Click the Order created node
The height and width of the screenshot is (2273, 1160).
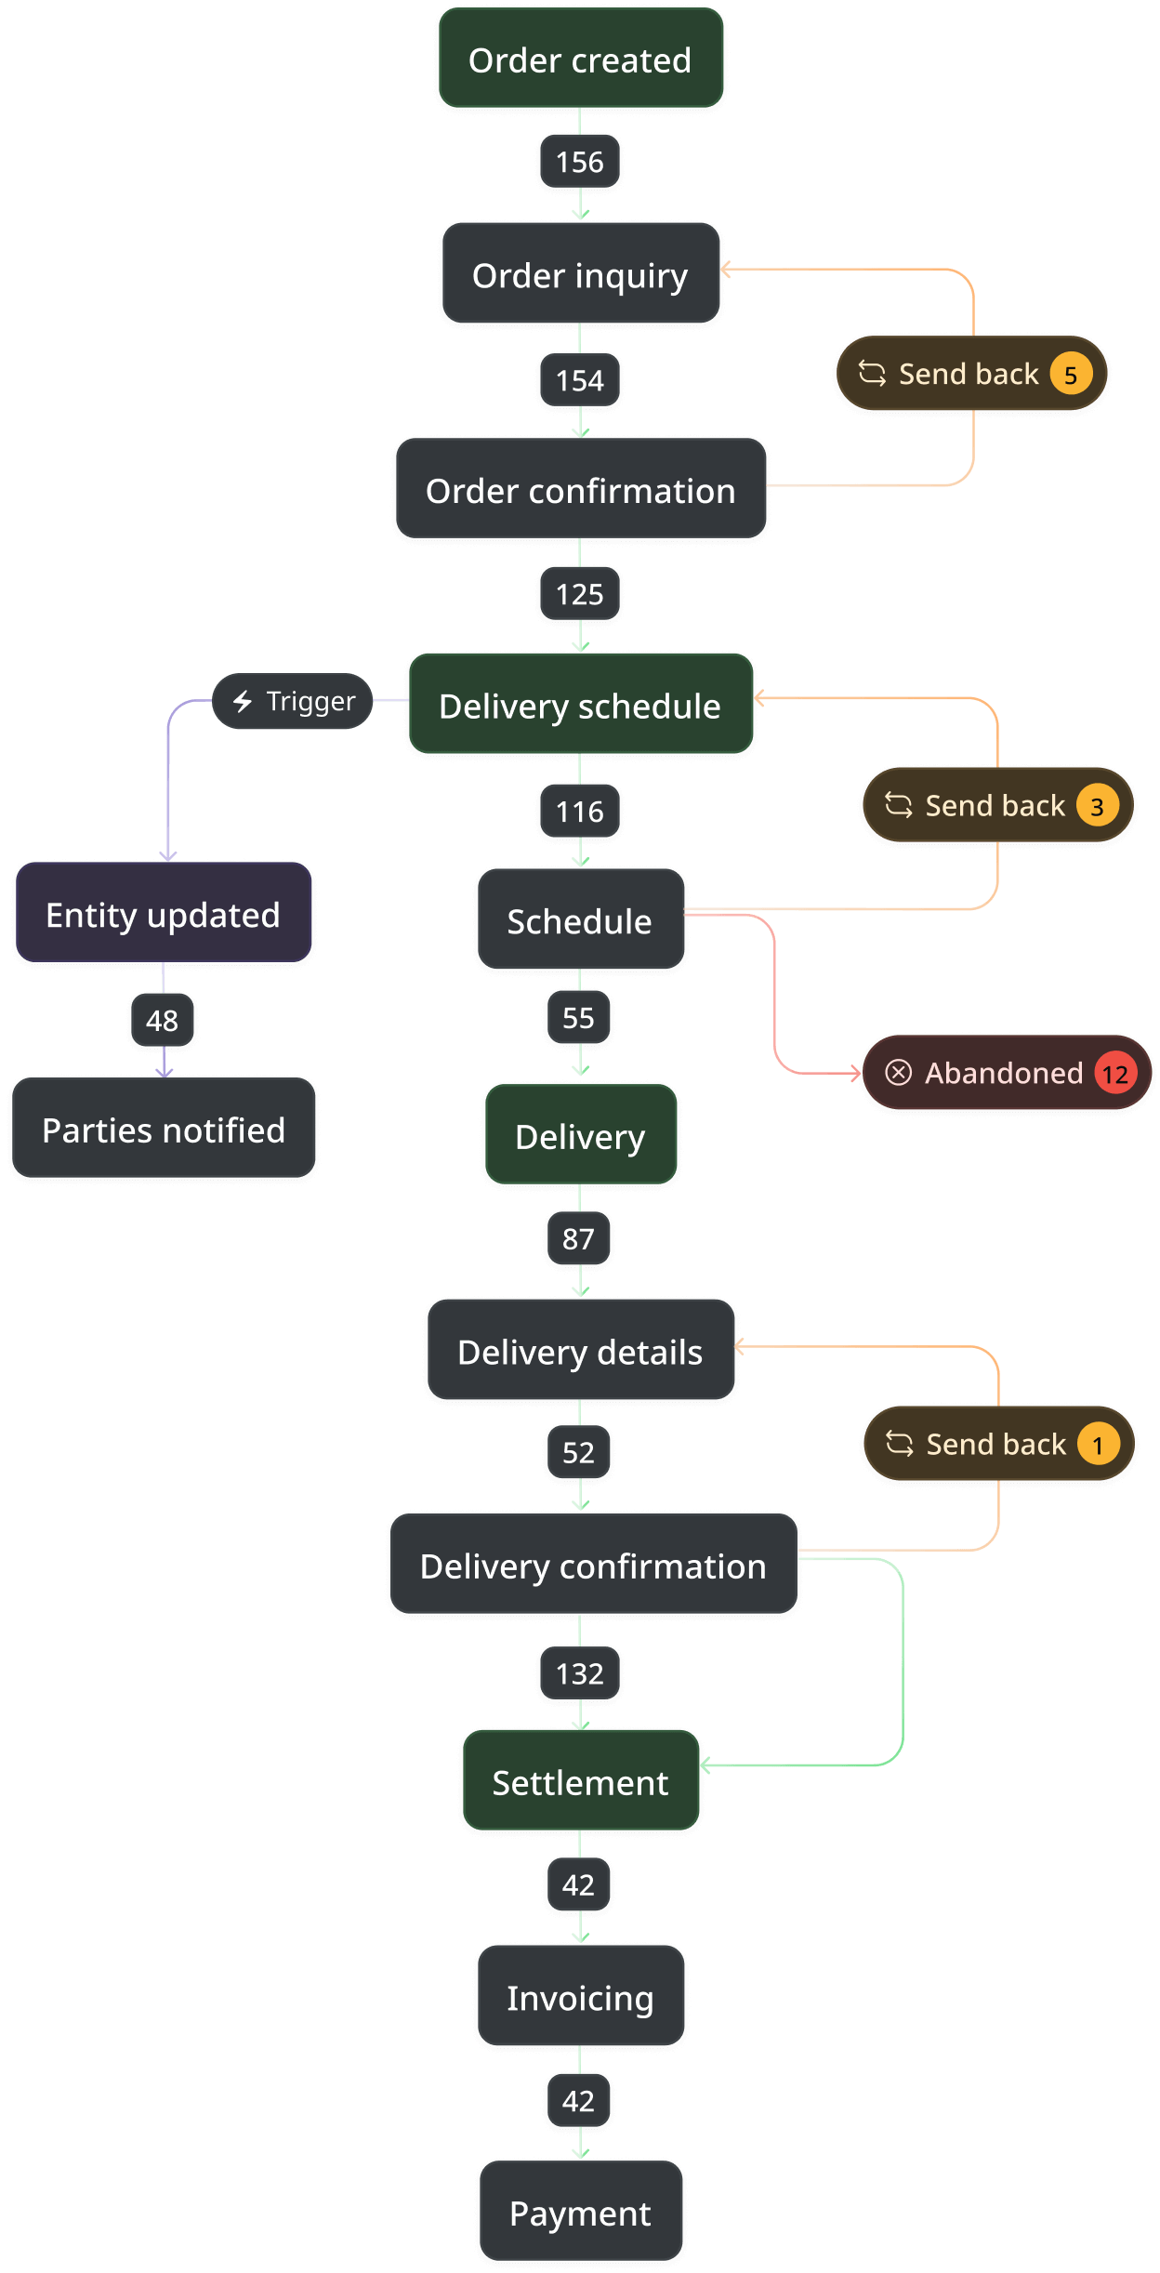(x=580, y=59)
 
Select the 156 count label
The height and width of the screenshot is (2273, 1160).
(x=579, y=163)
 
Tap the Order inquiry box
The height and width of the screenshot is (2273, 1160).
(x=580, y=275)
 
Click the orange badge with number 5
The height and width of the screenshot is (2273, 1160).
(x=1070, y=375)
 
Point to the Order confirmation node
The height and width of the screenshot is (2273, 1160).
(x=580, y=491)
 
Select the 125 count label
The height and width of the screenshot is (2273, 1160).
(x=579, y=594)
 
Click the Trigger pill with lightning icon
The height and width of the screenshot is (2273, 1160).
(x=293, y=701)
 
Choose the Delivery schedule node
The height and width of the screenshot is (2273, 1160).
(x=580, y=706)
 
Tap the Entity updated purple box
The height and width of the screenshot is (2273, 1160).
(x=163, y=915)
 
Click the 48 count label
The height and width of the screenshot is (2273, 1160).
(x=162, y=1021)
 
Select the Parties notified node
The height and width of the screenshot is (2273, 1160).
(x=164, y=1130)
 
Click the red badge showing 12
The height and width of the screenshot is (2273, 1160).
(x=1114, y=1074)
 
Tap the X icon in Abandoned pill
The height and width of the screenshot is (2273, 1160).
(x=898, y=1073)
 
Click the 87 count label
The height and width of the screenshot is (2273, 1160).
(x=578, y=1238)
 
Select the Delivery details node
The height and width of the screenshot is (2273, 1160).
(x=580, y=1352)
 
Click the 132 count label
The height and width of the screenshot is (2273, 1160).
(x=579, y=1673)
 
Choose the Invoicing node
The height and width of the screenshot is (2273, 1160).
(x=580, y=1997)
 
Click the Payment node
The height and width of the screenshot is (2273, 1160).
(x=580, y=2213)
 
